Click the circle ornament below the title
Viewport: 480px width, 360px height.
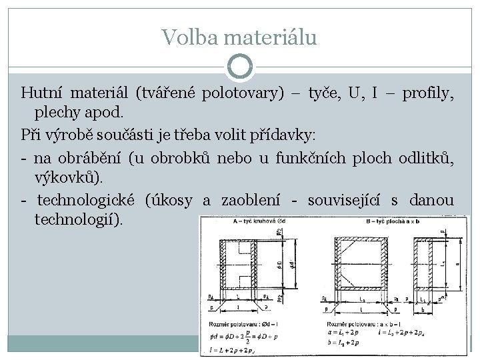(240, 66)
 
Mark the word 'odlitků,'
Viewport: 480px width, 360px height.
(427, 158)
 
